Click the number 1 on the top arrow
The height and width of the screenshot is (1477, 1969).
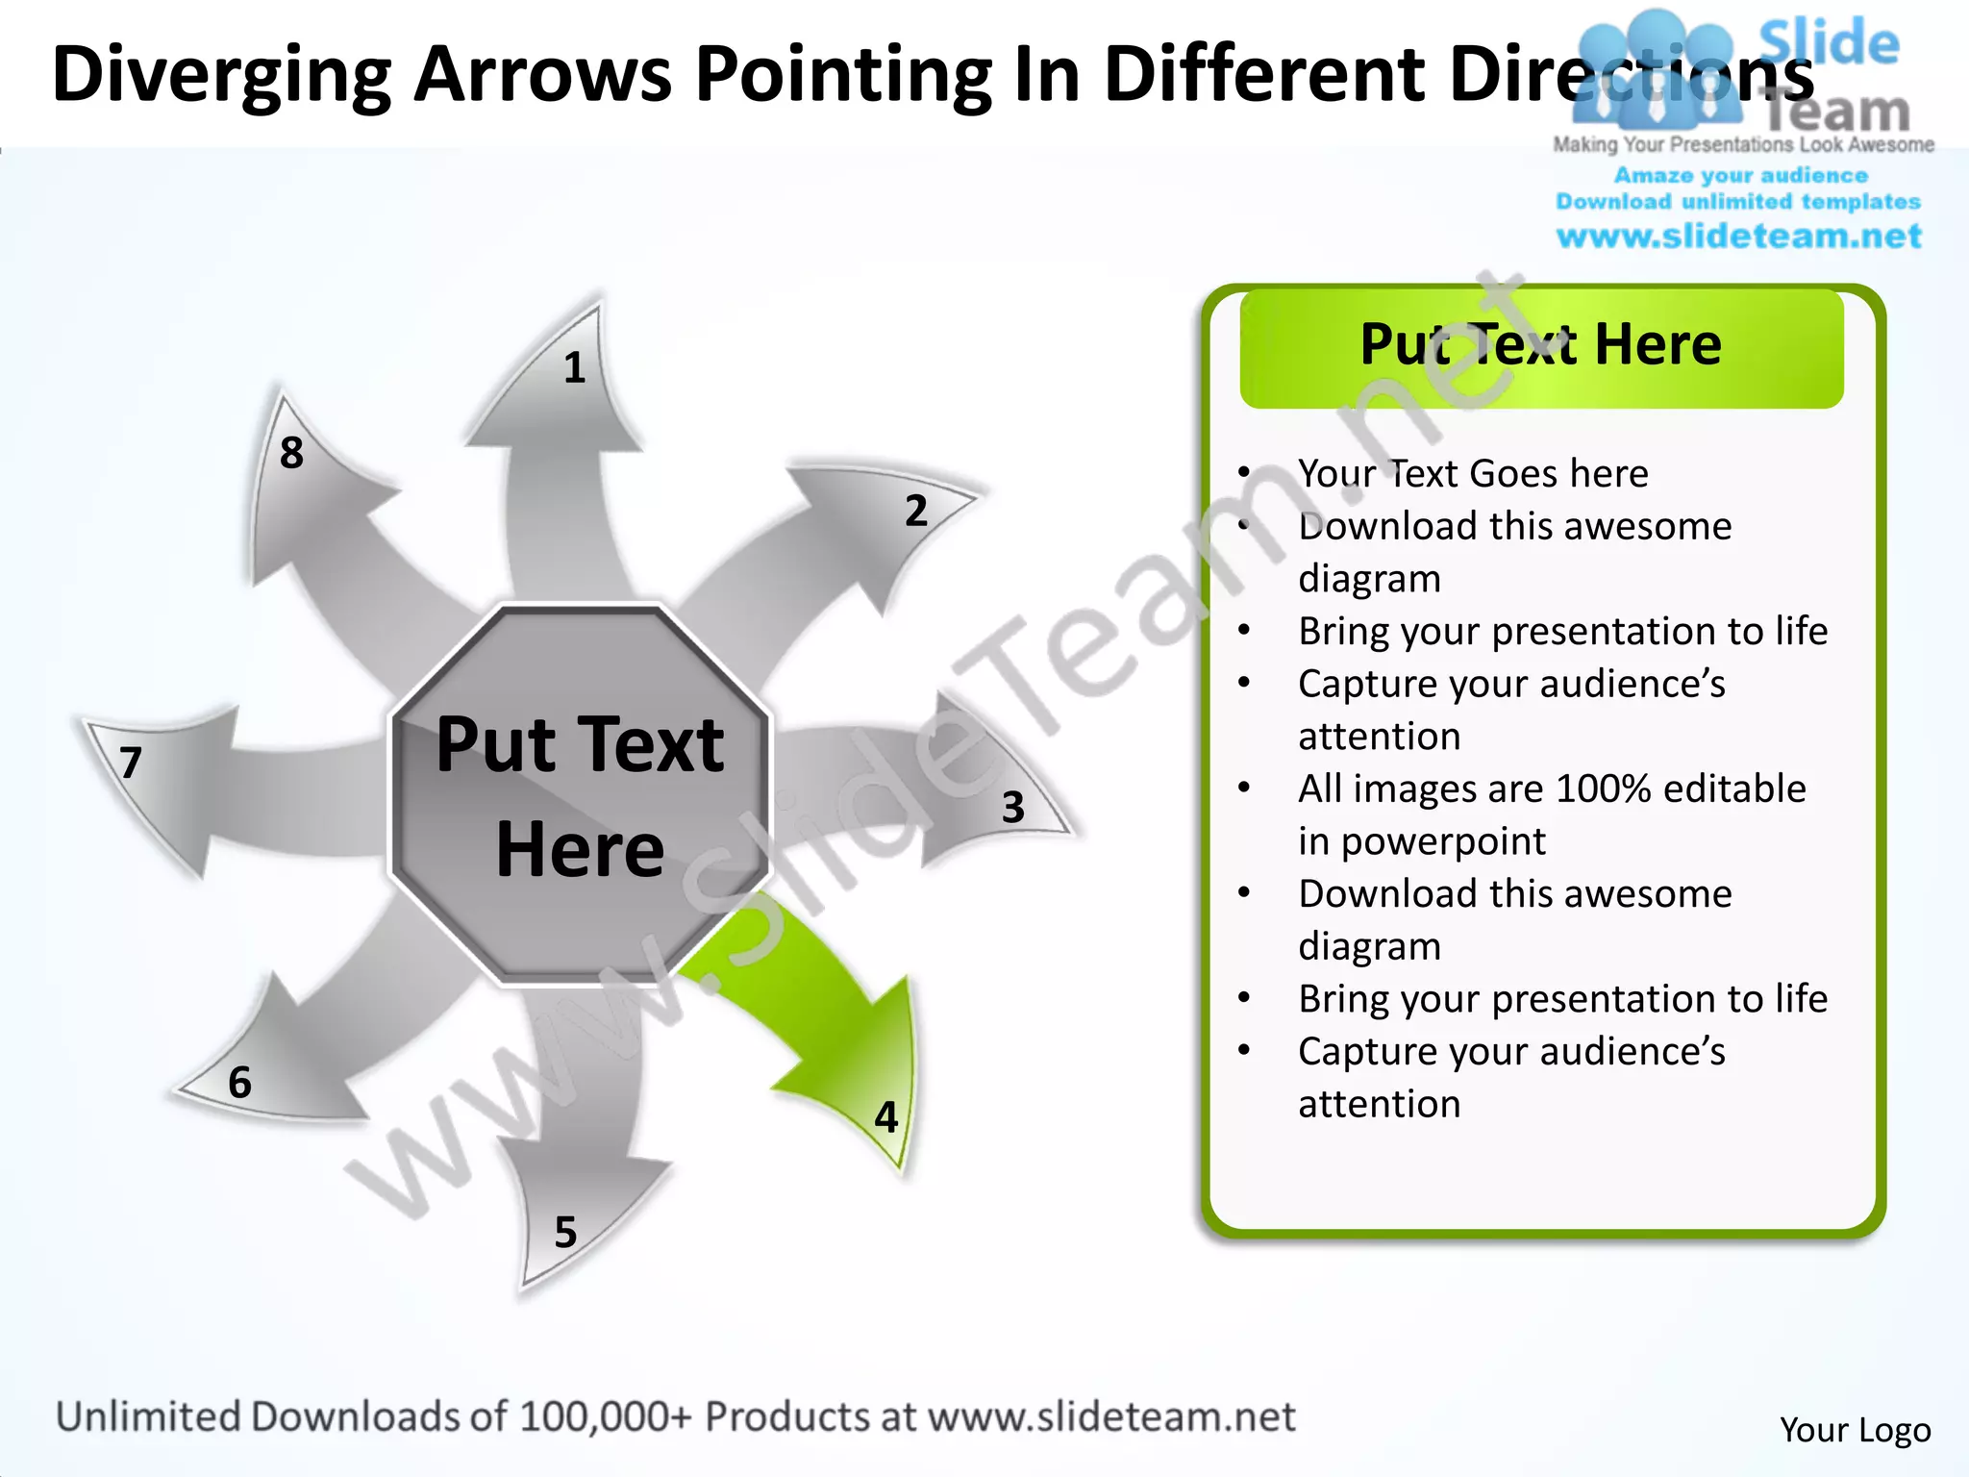pyautogui.click(x=574, y=368)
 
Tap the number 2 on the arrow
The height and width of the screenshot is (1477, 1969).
pyautogui.click(x=916, y=511)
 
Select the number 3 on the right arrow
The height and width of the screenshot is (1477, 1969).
pyautogui.click(x=1012, y=808)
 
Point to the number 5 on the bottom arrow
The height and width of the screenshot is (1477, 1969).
pyautogui.click(x=565, y=1233)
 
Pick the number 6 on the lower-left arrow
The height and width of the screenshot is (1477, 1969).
pyautogui.click(x=239, y=1083)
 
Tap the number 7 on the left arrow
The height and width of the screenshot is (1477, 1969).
pyautogui.click(x=132, y=764)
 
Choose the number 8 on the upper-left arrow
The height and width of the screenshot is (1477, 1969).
pyautogui.click(x=291, y=453)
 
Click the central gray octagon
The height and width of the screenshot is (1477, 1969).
pyautogui.click(x=580, y=796)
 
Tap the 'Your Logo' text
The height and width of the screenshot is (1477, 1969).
pyautogui.click(x=1855, y=1430)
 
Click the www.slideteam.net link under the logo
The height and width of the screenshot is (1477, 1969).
pyautogui.click(x=1738, y=237)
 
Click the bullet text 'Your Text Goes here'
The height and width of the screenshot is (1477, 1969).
pyautogui.click(x=1473, y=474)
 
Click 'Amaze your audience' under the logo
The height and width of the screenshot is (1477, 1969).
pyautogui.click(x=1740, y=176)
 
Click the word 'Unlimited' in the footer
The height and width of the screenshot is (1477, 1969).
pyautogui.click(x=148, y=1417)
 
